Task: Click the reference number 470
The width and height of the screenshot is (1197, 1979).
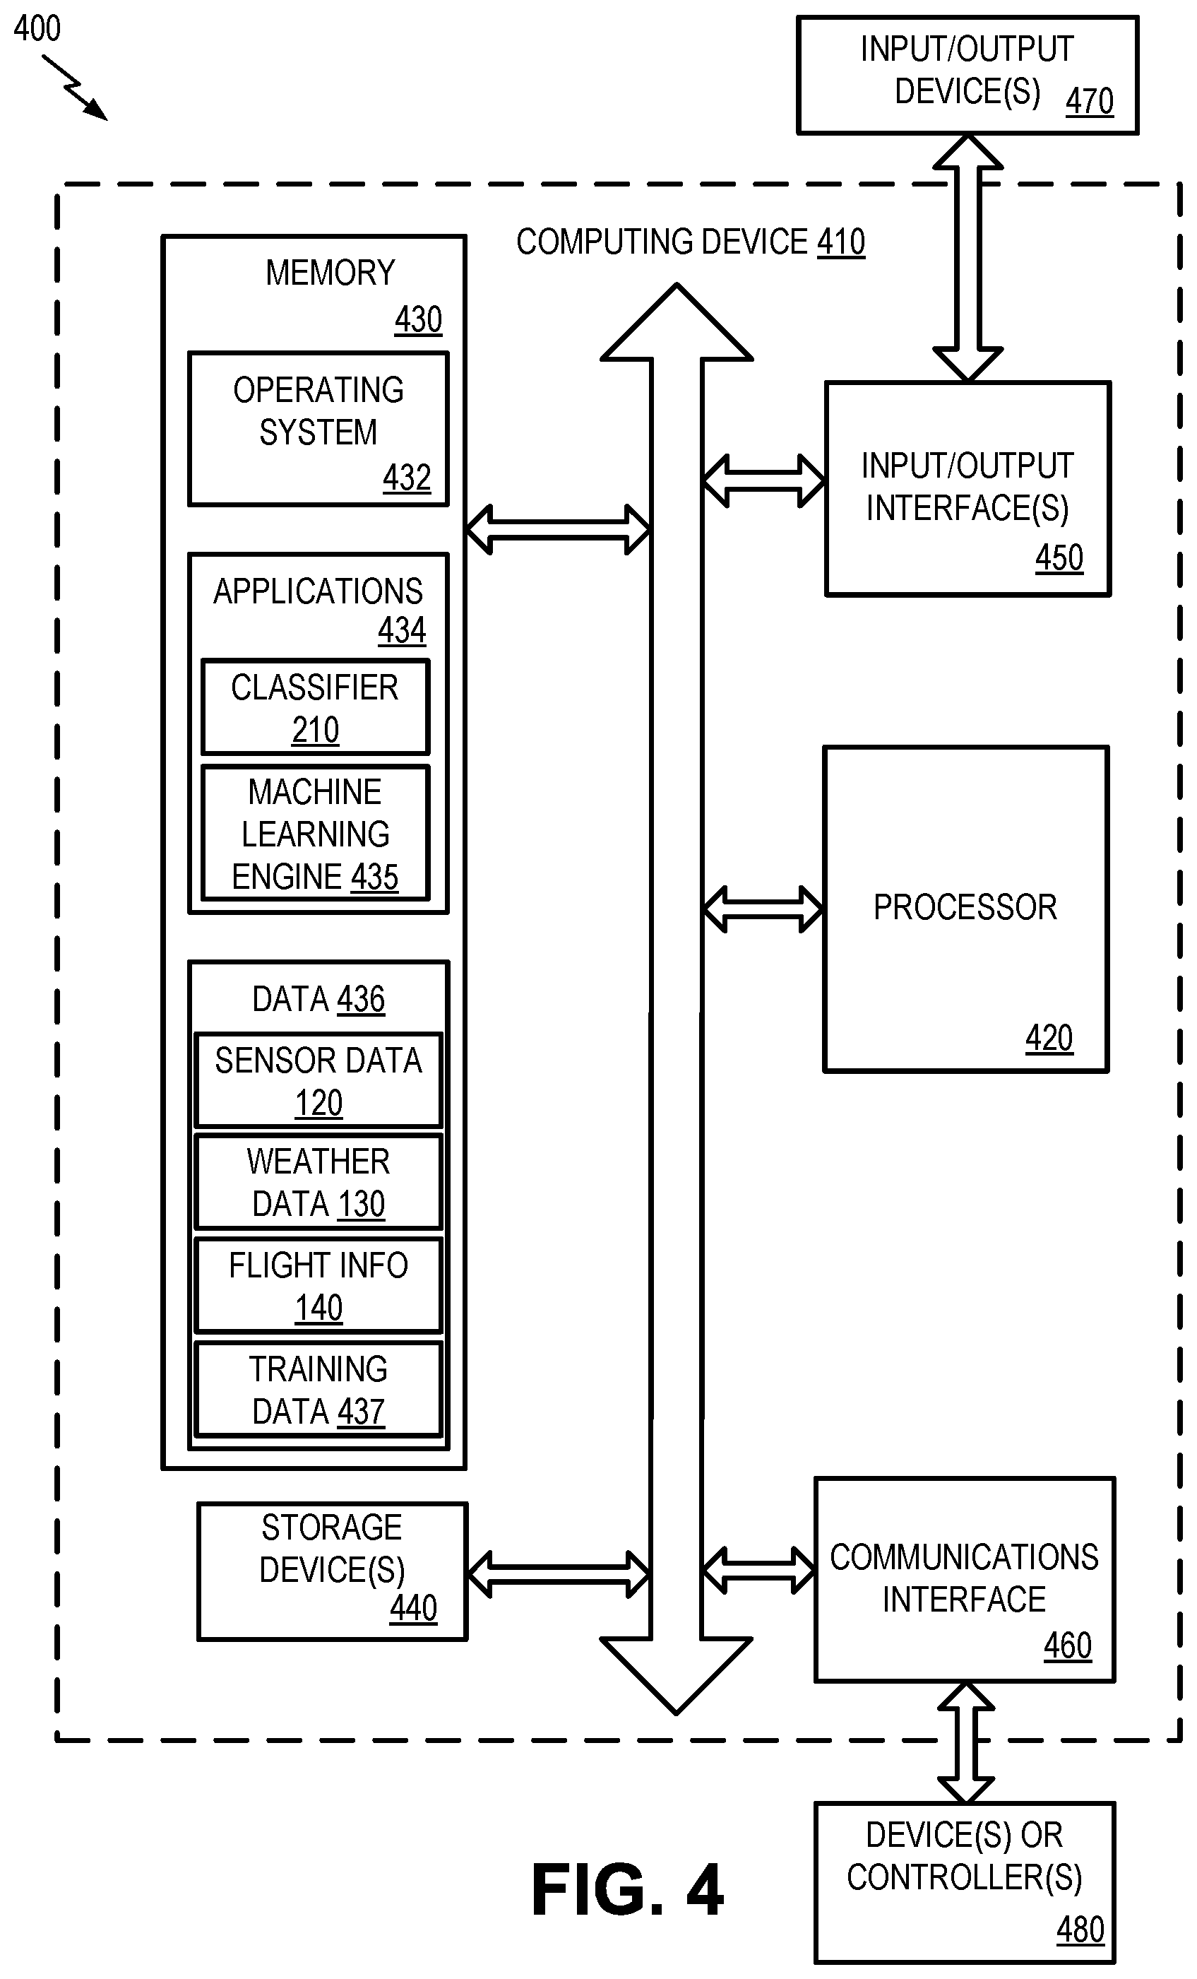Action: pos(1090,102)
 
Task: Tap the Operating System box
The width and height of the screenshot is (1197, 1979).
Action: pos(318,429)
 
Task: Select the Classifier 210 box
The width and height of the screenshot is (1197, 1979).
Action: pos(316,707)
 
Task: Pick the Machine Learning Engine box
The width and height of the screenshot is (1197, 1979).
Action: pos(316,833)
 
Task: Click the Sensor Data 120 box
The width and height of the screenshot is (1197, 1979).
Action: pos(318,1080)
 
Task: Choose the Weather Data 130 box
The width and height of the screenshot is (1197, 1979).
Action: pos(318,1181)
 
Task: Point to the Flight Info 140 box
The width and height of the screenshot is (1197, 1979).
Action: pos(318,1285)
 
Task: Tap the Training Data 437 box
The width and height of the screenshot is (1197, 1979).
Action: pos(318,1388)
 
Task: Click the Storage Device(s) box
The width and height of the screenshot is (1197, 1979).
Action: pos(333,1571)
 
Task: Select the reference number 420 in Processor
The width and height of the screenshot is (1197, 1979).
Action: pos(1049,1038)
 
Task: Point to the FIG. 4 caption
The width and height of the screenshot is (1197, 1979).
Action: pos(627,1890)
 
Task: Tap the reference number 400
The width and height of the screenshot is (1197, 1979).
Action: pos(37,29)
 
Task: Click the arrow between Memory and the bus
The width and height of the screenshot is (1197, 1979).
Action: pos(558,529)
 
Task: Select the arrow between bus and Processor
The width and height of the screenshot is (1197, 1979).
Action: pos(763,909)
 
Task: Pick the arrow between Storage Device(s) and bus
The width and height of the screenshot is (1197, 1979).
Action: pos(559,1573)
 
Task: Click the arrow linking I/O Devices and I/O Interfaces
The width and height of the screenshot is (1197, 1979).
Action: pos(968,258)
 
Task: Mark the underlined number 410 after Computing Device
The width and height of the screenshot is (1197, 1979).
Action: pos(840,242)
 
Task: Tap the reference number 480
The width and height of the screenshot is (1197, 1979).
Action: pos(1080,1930)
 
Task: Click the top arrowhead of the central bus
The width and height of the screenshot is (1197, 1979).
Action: pos(677,321)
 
